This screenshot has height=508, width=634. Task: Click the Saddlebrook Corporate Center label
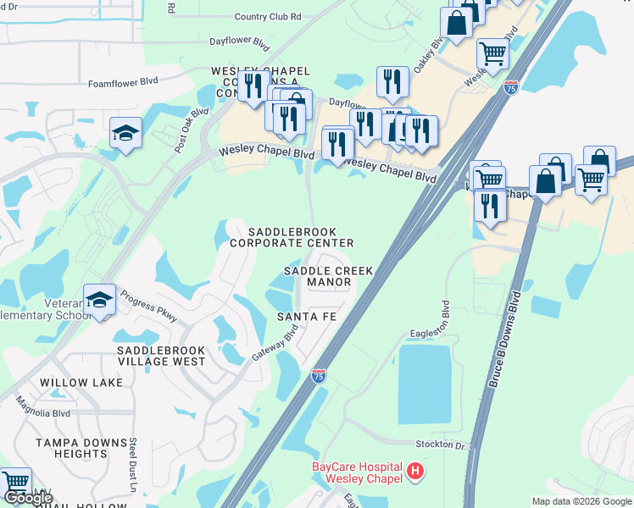[292, 237]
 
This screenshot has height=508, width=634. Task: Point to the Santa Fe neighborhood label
[307, 317]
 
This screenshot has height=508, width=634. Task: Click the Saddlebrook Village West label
[161, 356]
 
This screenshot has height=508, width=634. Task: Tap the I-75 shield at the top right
[510, 86]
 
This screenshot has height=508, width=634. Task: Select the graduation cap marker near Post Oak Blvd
[125, 133]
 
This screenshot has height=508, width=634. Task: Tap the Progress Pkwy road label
[149, 306]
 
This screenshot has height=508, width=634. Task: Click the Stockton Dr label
[441, 444]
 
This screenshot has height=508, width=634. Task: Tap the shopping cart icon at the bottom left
[16, 482]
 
